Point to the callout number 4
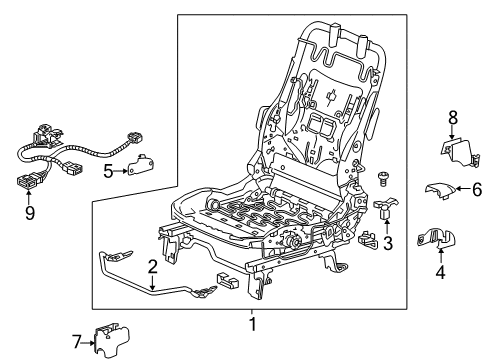(x=442, y=297)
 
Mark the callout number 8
(x=452, y=116)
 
